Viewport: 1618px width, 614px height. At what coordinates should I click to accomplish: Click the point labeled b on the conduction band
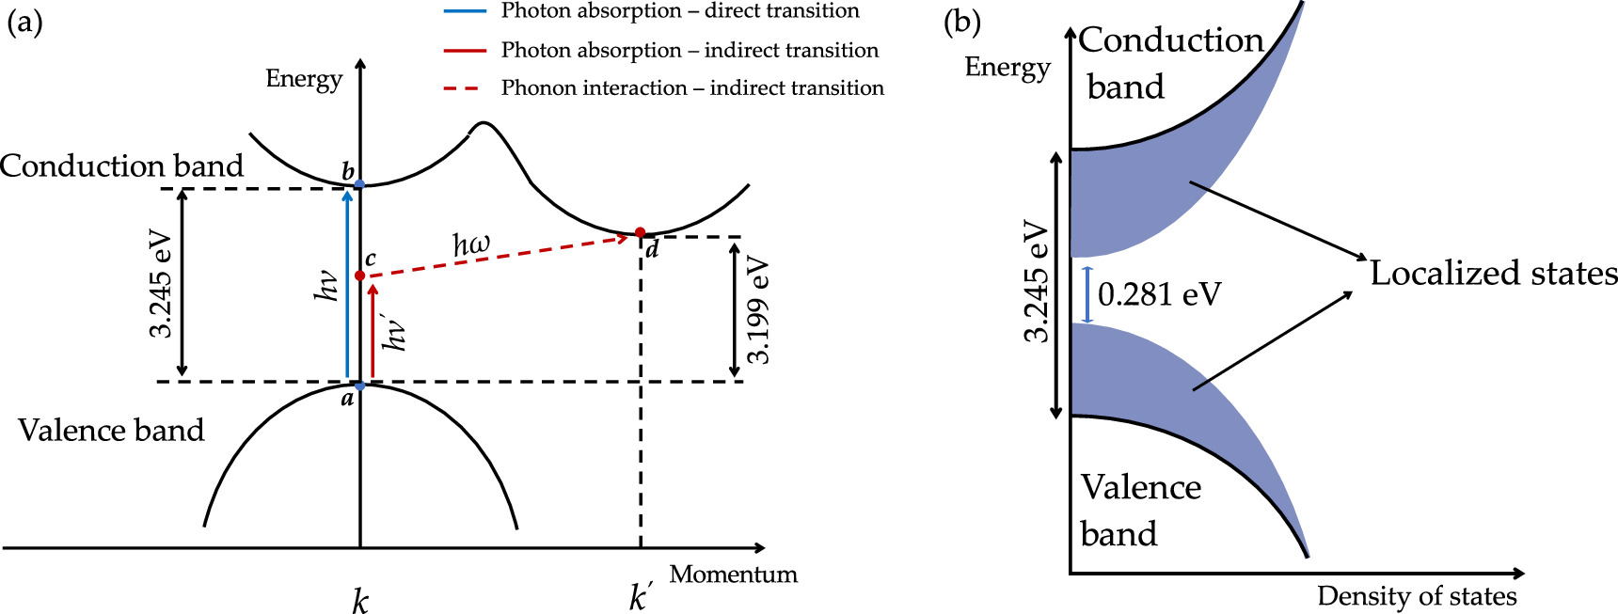(359, 184)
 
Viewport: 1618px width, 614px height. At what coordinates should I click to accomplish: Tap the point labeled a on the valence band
(359, 386)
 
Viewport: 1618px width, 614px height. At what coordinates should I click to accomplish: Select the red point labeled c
(359, 276)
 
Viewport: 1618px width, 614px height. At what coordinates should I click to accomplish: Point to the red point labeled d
(640, 232)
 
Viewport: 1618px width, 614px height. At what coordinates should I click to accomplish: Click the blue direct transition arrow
(348, 282)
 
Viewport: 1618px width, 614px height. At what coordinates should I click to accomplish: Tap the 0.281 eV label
(1159, 294)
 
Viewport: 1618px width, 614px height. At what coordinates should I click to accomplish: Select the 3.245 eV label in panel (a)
(161, 284)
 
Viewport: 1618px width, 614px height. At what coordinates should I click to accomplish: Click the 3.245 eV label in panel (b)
(1035, 282)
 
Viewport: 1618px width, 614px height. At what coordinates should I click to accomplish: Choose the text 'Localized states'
(1493, 273)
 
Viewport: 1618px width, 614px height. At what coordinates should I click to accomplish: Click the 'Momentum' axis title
(733, 574)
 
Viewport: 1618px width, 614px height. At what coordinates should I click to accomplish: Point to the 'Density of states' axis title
(1417, 596)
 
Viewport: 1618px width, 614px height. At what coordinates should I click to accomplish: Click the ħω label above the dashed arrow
(471, 244)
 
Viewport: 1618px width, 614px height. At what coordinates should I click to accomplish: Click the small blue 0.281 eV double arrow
(1087, 295)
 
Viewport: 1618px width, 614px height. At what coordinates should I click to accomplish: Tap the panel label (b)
(962, 23)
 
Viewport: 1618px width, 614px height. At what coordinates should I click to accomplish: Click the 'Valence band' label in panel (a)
(111, 430)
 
